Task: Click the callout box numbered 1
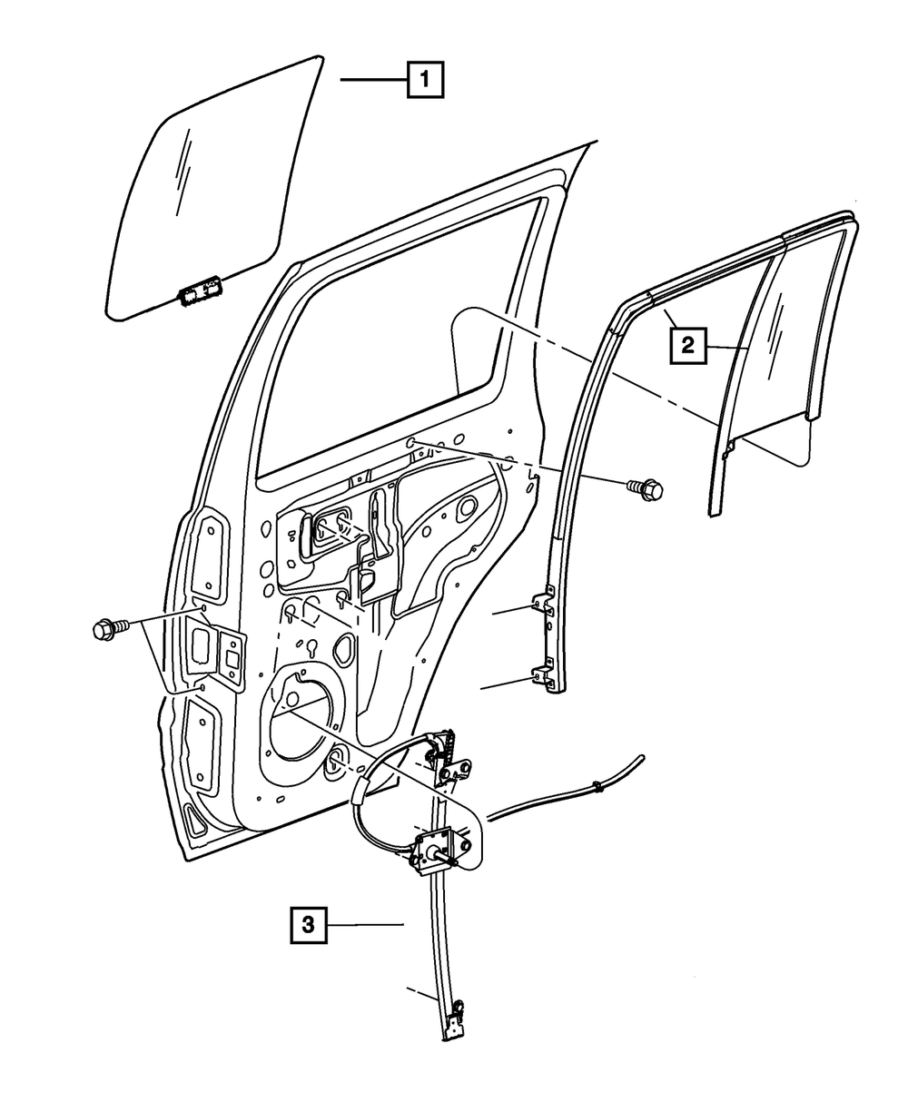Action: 425,80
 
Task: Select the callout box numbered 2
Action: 686,344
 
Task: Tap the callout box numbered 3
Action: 308,925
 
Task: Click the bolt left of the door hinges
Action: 105,627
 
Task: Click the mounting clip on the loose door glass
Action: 202,293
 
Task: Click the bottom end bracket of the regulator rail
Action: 457,1021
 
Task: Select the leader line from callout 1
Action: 373,81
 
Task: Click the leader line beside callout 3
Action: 364,925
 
